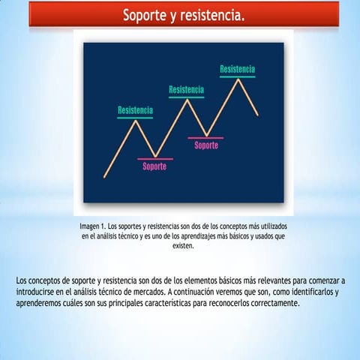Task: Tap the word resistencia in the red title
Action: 212,16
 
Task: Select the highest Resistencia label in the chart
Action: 237,69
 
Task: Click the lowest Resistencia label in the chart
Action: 135,110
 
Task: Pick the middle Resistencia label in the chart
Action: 186,89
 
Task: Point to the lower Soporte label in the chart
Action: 154,166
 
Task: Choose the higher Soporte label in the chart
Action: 206,145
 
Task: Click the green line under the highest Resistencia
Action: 237,76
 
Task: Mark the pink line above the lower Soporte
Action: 155,159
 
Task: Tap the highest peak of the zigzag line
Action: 238,79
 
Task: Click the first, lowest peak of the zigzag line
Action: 136,121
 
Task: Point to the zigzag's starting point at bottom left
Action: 104,177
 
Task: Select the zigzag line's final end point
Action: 258,115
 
